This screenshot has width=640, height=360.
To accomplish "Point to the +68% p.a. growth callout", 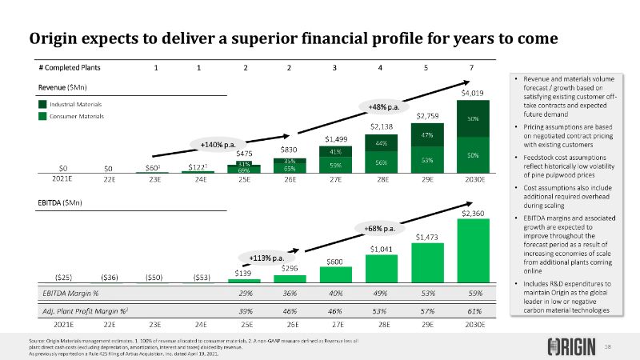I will (x=379, y=229).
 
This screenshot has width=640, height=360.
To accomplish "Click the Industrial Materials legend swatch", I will (x=43, y=104).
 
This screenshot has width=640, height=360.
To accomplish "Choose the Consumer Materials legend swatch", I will (x=43, y=117).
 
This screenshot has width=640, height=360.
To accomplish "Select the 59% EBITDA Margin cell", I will (x=473, y=294).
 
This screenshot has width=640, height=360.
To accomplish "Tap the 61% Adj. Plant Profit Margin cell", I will (x=473, y=310).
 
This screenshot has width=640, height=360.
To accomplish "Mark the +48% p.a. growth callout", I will (x=383, y=106).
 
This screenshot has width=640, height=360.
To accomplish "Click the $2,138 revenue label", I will (x=380, y=126).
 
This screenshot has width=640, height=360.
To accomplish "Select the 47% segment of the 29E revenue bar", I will (x=427, y=134).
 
